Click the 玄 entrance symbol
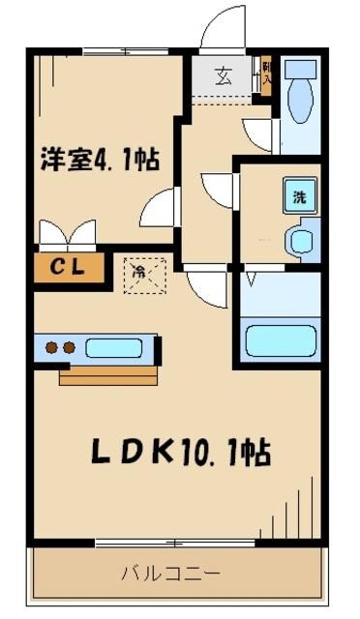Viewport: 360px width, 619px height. point(223,75)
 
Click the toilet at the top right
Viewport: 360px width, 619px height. point(301,91)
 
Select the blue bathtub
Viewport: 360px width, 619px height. point(282,341)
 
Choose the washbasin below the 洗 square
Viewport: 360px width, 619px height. point(303,238)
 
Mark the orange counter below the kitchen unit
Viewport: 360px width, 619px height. point(107,374)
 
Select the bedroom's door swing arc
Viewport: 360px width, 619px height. point(160,205)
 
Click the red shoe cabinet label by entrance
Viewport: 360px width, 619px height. point(266,76)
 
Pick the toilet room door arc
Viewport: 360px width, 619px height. point(259,133)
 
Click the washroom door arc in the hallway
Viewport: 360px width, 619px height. point(219,187)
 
